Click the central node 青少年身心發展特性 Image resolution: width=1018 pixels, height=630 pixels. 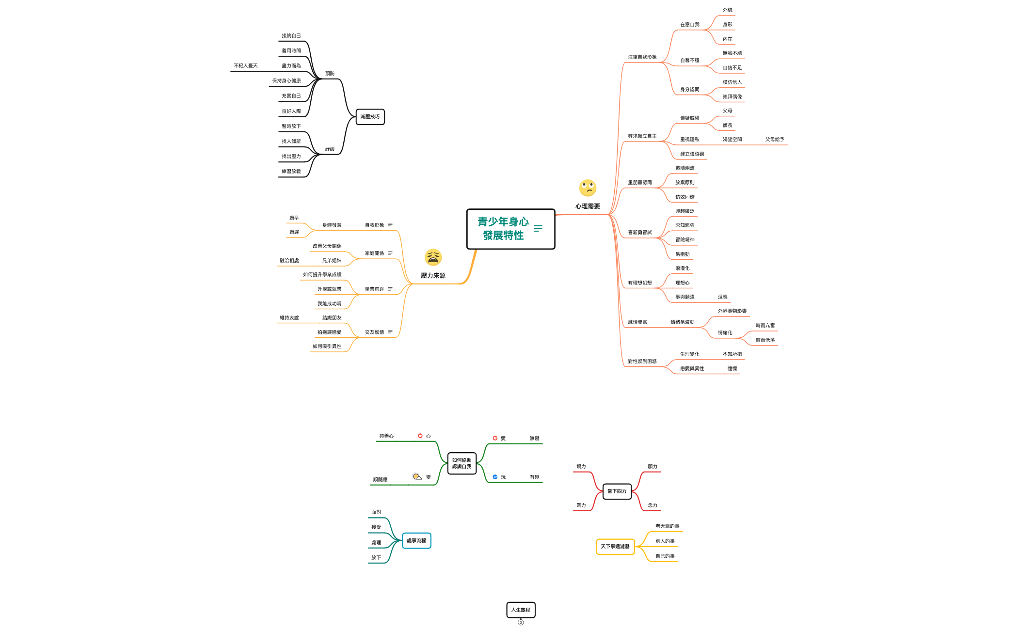pyautogui.click(x=503, y=229)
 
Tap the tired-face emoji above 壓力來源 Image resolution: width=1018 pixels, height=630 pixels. pyautogui.click(x=433, y=257)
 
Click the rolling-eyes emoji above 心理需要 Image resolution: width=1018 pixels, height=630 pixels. pyautogui.click(x=588, y=188)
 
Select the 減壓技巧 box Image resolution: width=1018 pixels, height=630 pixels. pyautogui.click(x=370, y=117)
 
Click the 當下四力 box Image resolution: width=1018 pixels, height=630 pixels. pyautogui.click(x=617, y=491)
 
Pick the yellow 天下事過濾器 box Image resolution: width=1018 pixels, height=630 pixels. pyautogui.click(x=615, y=547)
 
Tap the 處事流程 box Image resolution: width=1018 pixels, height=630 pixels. pyautogui.click(x=416, y=541)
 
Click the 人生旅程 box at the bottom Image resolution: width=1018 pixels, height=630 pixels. pyautogui.click(x=521, y=610)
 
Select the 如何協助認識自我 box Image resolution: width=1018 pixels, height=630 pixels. pyautogui.click(x=461, y=464)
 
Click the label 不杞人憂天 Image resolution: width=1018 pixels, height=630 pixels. pyautogui.click(x=246, y=66)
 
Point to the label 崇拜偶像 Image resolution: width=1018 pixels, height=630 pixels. pyautogui.click(x=732, y=97)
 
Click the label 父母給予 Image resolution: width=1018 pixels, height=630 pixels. pyautogui.click(x=775, y=140)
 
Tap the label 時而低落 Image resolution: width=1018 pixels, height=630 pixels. pyautogui.click(x=765, y=340)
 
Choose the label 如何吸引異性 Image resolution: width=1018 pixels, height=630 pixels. pyautogui.click(x=327, y=346)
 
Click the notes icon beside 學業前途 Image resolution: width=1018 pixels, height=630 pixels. pyautogui.click(x=390, y=289)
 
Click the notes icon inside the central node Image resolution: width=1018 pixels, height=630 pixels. pyautogui.click(x=538, y=228)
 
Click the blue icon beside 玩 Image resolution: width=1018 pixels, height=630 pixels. pyautogui.click(x=495, y=477)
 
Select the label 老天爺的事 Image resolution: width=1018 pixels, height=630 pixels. pyautogui.click(x=667, y=526)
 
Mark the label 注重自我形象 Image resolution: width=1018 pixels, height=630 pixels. pyautogui.click(x=642, y=57)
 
